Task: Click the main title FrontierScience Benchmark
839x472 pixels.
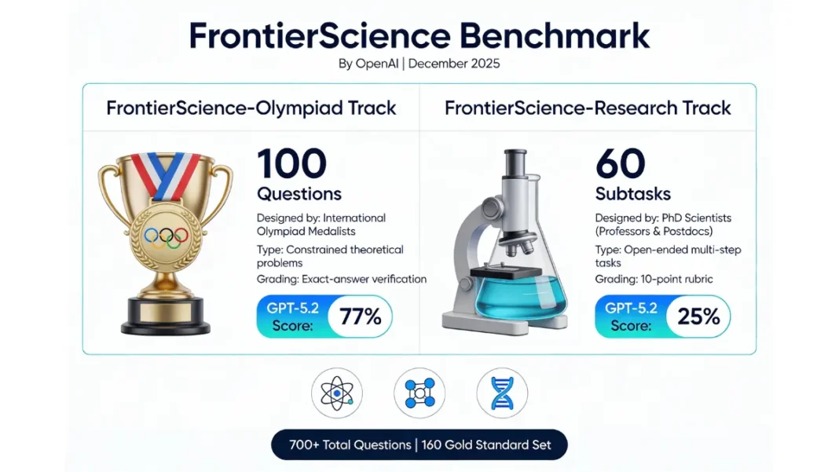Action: coord(419,36)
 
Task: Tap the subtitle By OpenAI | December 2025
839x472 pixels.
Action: coord(419,64)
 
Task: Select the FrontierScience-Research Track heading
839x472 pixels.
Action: coord(588,108)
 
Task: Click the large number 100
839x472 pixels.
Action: coord(291,163)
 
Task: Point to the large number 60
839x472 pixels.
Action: coord(620,163)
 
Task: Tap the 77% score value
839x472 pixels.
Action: coord(360,316)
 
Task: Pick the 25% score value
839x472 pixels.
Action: coord(698,316)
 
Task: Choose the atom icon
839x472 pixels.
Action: coord(336,393)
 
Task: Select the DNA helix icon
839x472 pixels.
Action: coord(502,393)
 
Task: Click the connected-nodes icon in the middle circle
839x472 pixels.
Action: coord(419,393)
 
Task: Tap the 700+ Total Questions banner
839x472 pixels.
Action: coord(419,445)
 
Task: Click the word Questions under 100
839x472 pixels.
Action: coord(299,193)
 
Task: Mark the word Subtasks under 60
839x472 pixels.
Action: coord(628,193)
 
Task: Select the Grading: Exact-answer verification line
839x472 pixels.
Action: coord(342,278)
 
